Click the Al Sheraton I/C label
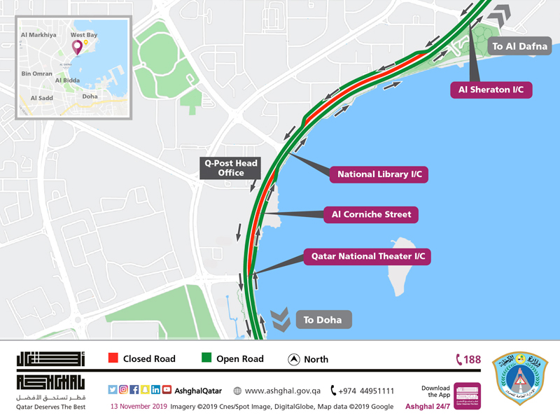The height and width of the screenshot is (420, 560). coord(491,90)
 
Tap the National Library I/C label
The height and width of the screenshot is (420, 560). coord(382,174)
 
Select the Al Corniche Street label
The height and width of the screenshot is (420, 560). coord(371,214)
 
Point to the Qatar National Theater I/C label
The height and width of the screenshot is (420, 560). coord(367,256)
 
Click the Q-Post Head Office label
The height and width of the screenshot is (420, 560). coord(230,168)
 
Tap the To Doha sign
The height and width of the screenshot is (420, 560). coord(323,320)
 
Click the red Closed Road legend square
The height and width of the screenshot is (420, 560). coord(113,359)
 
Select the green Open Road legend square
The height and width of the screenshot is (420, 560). coord(206,359)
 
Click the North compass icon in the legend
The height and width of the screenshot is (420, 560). coord(294,359)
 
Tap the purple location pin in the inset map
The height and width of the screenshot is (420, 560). coord(77,48)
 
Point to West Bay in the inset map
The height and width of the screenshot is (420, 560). coord(83,34)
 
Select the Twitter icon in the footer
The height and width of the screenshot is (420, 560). coord(113,390)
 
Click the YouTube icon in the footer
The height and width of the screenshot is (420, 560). coord(167,390)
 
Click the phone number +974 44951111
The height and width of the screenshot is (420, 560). coord(361,391)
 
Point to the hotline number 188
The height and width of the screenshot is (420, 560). coord(468,360)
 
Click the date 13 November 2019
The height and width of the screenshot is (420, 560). coord(143,407)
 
